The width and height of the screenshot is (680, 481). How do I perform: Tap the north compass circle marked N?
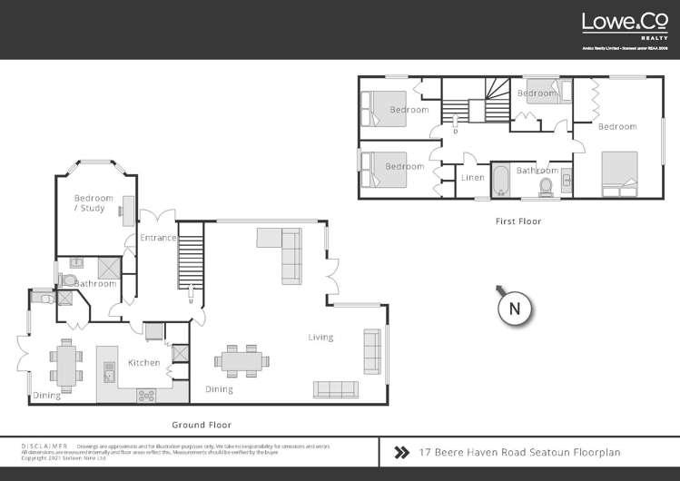(515, 308)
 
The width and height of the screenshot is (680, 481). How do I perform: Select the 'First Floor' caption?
(518, 221)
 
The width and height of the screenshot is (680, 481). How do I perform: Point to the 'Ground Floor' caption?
(202, 424)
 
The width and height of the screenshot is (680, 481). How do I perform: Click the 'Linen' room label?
(473, 178)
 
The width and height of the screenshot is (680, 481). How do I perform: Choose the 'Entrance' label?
(157, 238)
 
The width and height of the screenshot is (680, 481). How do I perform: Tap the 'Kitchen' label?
(143, 362)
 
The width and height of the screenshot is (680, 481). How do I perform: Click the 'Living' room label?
(320, 338)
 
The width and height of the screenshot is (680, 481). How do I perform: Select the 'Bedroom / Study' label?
(93, 203)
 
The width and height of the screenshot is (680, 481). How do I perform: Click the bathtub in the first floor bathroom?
(502, 180)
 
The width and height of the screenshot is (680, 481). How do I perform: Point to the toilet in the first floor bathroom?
(547, 186)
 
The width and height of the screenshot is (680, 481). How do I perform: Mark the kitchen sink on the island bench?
(109, 372)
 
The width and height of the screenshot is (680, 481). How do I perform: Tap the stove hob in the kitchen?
(145, 395)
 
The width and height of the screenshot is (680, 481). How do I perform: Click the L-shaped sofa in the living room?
(283, 252)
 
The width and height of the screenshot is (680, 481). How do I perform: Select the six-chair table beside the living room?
(241, 360)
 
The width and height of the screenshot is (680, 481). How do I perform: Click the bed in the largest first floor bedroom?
(620, 173)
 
